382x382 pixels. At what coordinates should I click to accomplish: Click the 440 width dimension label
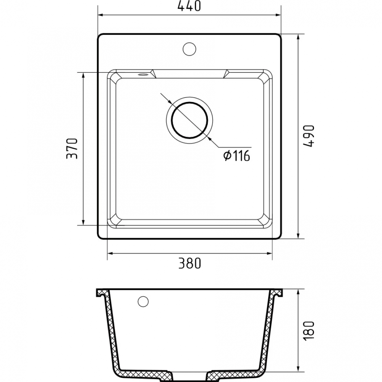[189, 6]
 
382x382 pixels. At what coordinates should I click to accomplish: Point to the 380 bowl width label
[189, 263]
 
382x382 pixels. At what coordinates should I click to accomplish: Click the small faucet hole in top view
[189, 49]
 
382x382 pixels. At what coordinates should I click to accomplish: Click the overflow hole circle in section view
[143, 301]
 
